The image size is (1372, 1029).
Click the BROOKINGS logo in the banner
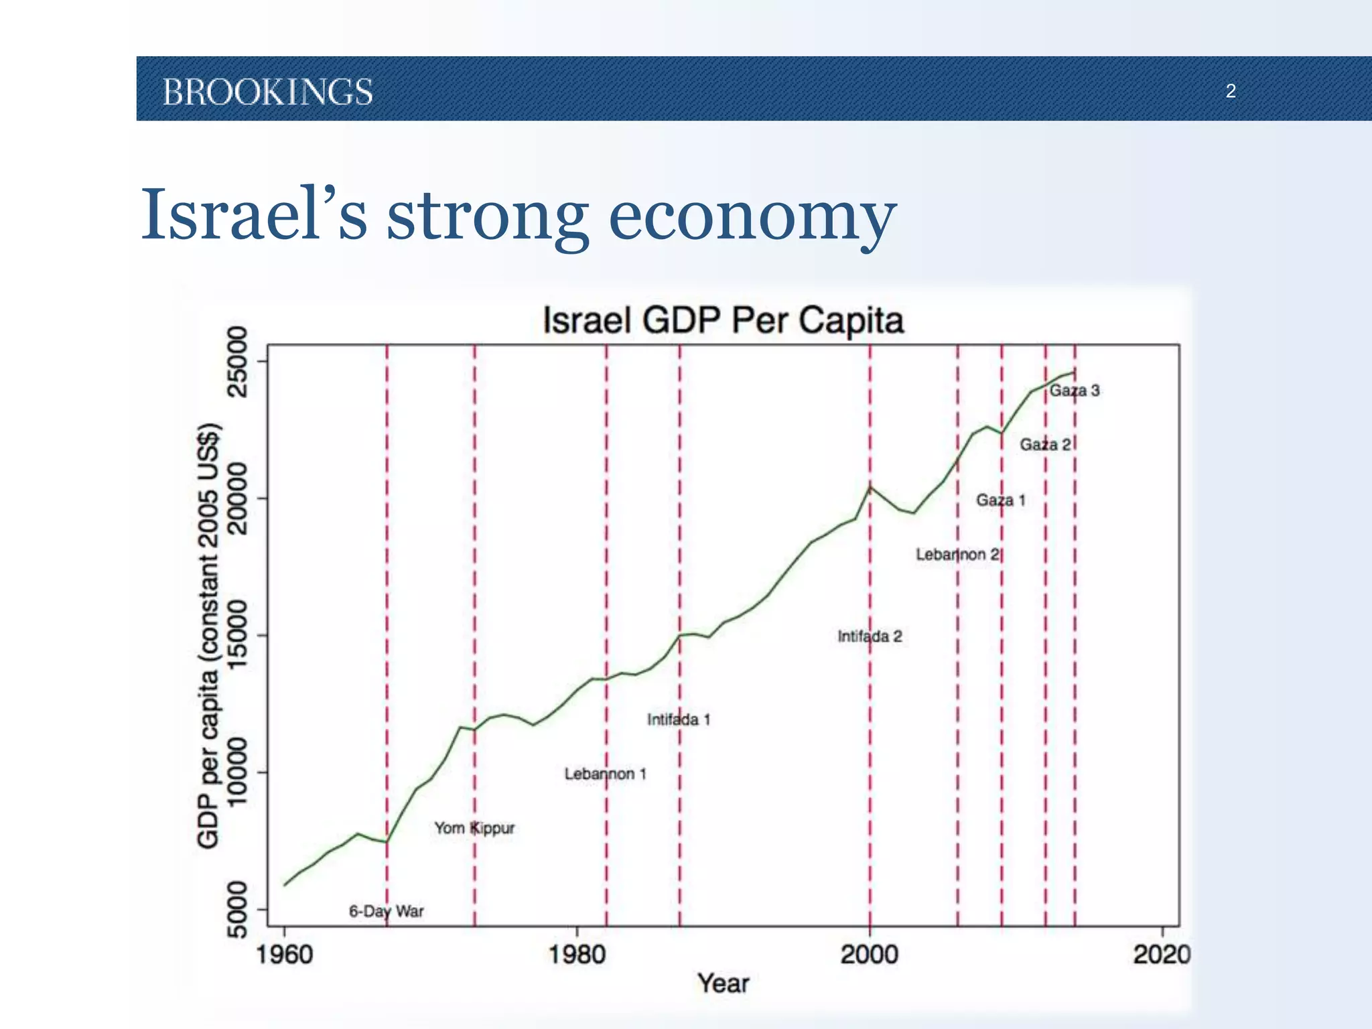pos(268,92)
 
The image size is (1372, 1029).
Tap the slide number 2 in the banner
pos(1231,91)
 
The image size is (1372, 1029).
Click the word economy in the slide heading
pos(752,216)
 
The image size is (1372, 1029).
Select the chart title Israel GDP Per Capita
pos(723,320)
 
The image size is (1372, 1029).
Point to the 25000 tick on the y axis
pos(238,362)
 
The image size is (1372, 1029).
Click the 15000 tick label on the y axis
pos(238,635)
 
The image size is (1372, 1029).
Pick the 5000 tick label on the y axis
pos(238,909)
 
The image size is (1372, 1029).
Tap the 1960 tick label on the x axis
pos(285,954)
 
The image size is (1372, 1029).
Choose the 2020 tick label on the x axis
pos(1161,954)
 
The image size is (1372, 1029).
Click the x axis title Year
pos(723,983)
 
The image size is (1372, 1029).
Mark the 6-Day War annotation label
pos(387,911)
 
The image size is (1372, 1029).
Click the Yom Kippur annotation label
pos(474,828)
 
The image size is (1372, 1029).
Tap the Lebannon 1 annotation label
pos(605,774)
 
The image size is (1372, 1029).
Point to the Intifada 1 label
pos(679,719)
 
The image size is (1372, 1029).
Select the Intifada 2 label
pos(870,636)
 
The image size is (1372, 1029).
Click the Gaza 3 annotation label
pos(1074,391)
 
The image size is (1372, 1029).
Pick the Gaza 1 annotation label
pos(1000,500)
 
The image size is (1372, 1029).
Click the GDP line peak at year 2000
pos(870,487)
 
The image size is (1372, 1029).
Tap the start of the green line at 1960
pos(285,885)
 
